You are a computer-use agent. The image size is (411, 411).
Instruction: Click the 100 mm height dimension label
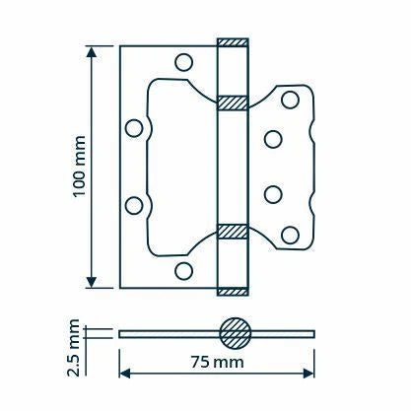coord(79,166)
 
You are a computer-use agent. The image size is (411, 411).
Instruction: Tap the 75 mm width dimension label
coord(218,363)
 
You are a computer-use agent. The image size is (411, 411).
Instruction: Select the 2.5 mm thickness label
coord(73,347)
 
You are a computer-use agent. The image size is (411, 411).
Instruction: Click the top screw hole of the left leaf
coord(183,62)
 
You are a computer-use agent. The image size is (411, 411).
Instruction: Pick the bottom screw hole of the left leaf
coord(183,271)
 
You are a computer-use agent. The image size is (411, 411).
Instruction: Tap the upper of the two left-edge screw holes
coord(134,128)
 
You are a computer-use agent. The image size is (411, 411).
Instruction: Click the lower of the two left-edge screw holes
coord(134,206)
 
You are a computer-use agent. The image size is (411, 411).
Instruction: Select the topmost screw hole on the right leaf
coord(291,100)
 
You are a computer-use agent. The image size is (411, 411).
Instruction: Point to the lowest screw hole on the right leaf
coord(291,236)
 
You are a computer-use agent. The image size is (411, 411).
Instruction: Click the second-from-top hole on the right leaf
coord(273,139)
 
